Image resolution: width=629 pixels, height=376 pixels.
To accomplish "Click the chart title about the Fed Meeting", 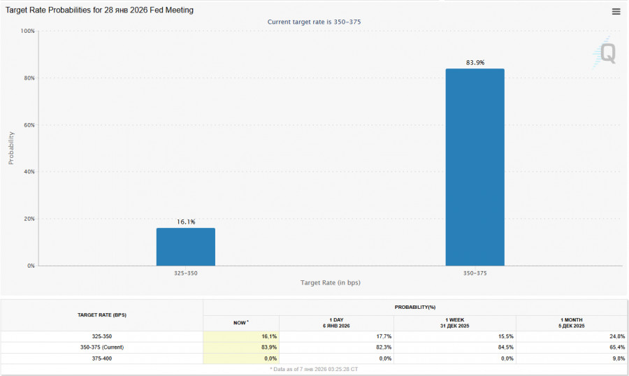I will click(x=100, y=10).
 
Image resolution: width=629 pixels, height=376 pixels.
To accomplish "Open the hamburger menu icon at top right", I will click(x=616, y=11).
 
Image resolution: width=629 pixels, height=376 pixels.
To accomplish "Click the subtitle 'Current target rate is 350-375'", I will click(x=314, y=22).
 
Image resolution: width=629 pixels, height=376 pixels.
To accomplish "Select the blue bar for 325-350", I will click(x=186, y=247).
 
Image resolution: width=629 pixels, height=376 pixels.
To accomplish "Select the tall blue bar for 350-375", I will click(x=475, y=167).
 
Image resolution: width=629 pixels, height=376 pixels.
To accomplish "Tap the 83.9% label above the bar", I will click(x=475, y=63).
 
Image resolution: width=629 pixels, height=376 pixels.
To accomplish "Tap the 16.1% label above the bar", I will click(x=186, y=222).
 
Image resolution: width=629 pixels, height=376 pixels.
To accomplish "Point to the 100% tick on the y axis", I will click(x=27, y=31).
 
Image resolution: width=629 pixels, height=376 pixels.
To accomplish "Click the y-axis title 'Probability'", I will click(x=11, y=148).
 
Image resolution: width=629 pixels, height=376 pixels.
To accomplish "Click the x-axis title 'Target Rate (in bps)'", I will click(x=331, y=283).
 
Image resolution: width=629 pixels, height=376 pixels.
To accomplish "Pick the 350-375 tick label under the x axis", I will click(x=475, y=273).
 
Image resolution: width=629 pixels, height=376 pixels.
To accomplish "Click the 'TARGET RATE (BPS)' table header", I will click(x=102, y=315).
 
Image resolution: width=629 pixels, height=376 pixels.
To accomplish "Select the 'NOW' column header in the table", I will click(x=240, y=323).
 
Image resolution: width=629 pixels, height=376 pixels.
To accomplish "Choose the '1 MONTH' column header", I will click(x=572, y=323).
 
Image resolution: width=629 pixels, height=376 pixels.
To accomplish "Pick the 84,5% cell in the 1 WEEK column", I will click(x=505, y=347).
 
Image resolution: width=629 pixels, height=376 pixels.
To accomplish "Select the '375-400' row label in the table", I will click(x=102, y=358).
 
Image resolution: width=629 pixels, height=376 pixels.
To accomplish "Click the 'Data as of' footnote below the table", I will click(x=314, y=368).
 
